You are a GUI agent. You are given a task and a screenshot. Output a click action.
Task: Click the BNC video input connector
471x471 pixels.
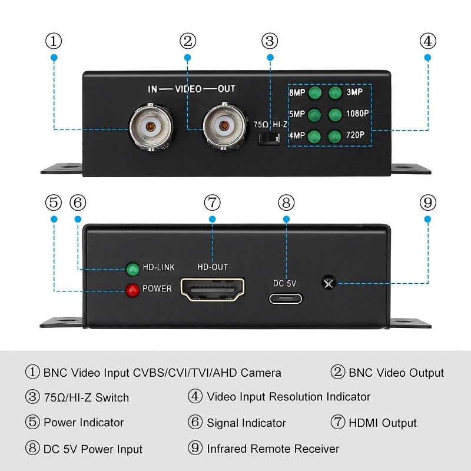pos(152,127)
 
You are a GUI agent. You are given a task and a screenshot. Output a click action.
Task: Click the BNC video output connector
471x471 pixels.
pos(224,127)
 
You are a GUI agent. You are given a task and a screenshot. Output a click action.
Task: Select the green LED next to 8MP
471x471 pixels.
pos(314,92)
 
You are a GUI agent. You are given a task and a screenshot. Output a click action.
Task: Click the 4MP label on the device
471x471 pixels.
pos(297,136)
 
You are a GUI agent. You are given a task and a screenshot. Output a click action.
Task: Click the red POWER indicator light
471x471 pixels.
pos(132,289)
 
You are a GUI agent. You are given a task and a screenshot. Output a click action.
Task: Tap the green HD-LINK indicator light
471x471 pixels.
pos(132,268)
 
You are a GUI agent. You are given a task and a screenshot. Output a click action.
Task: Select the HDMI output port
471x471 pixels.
pos(213,290)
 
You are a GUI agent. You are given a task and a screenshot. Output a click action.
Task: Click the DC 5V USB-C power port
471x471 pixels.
pos(286,298)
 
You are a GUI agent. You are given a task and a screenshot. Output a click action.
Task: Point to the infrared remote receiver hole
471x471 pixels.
pos(327,283)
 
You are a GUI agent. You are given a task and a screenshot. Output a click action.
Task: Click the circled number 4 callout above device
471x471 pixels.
pos(428,41)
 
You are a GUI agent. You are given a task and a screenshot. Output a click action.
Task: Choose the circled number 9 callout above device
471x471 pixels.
pos(428,203)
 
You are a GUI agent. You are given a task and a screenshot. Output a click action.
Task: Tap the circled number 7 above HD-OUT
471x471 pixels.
pos(213,203)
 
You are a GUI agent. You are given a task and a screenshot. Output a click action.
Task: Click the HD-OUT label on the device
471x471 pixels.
pos(213,267)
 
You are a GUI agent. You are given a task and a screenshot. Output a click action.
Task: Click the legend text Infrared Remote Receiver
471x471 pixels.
pos(273,449)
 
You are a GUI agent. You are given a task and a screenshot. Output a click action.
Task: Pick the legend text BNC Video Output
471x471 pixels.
pos(396,373)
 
